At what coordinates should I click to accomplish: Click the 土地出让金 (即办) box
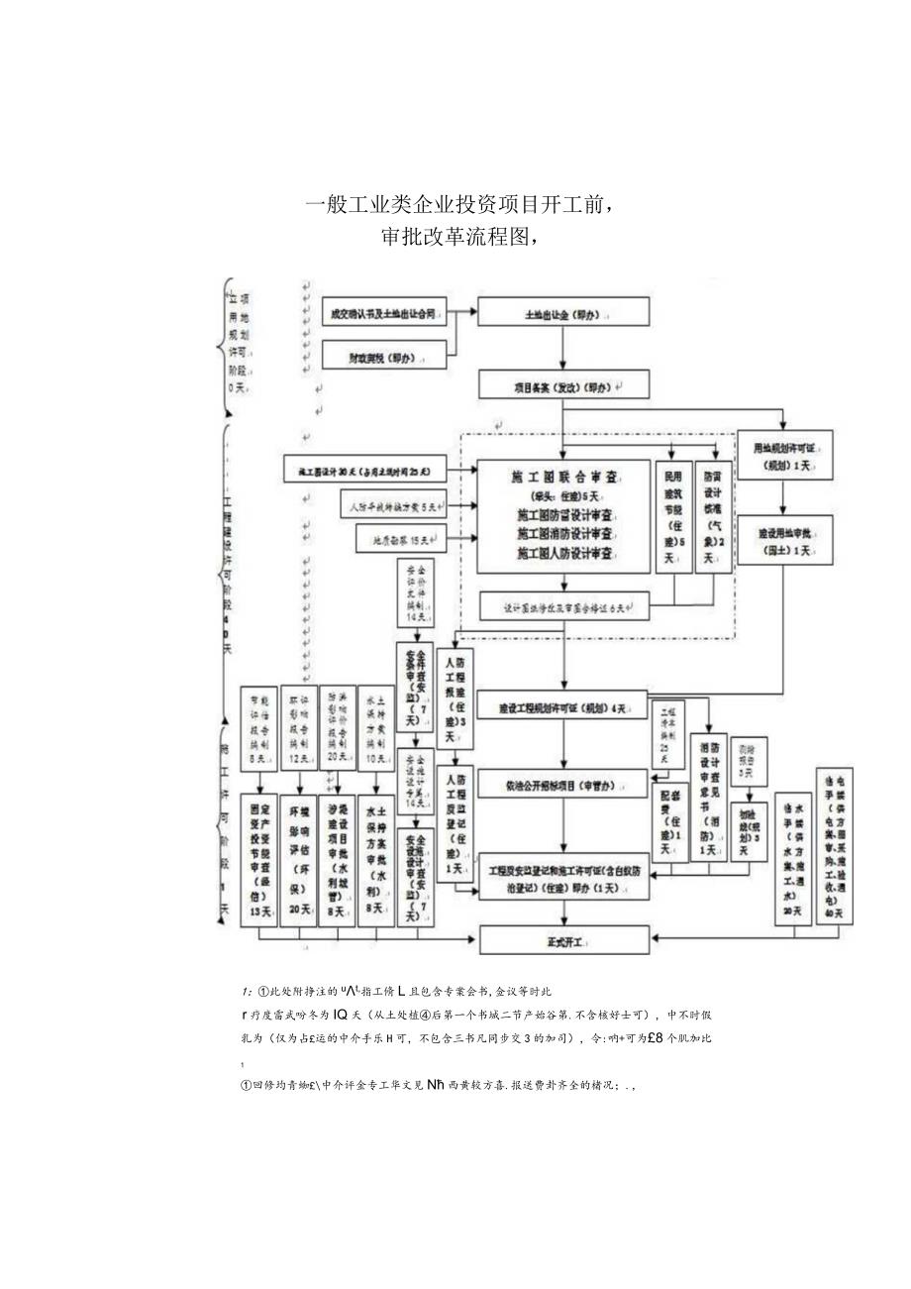coord(563,314)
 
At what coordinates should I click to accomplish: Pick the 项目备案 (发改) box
coord(563,385)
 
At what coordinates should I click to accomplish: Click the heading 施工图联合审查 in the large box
coord(562,477)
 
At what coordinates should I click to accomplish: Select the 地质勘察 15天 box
coord(401,540)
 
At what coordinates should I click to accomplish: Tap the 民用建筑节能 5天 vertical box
coord(673,517)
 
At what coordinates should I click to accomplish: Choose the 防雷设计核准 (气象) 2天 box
coord(710,517)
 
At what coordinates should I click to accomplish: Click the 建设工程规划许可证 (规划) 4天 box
coord(562,708)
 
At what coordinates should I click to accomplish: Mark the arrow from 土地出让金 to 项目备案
coord(563,349)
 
